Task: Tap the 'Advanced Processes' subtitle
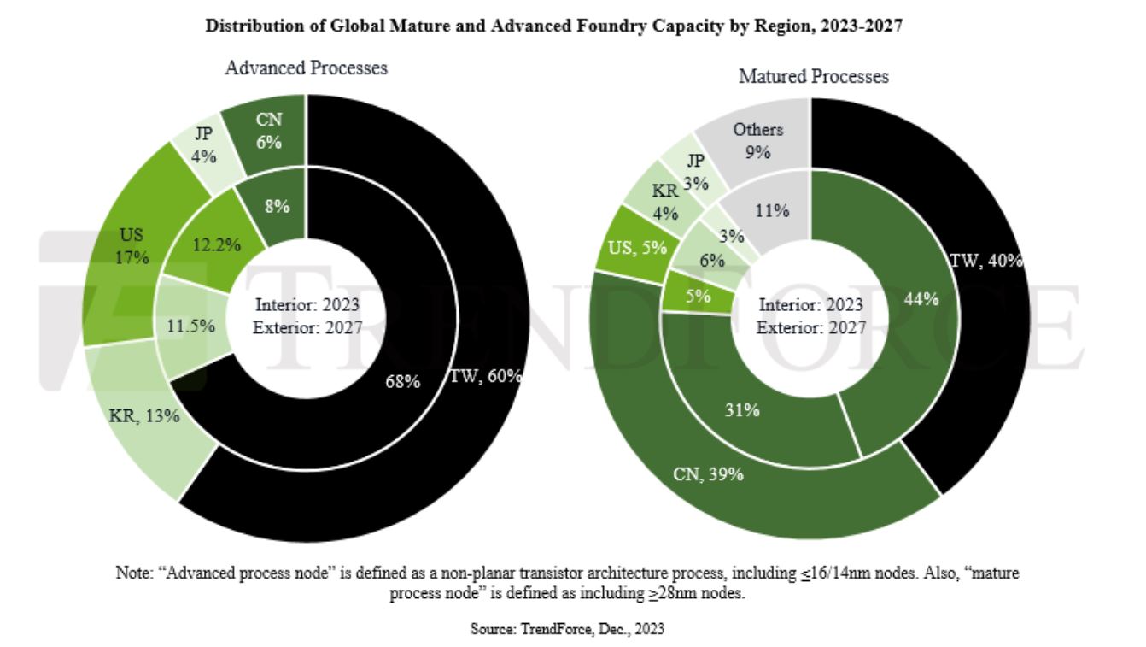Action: pyautogui.click(x=306, y=68)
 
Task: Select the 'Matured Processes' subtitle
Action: pyautogui.click(x=813, y=77)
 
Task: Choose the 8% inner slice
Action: pyautogui.click(x=276, y=206)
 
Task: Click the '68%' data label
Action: pyautogui.click(x=402, y=381)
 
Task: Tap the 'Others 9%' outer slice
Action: pyautogui.click(x=757, y=139)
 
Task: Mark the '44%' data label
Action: pyautogui.click(x=921, y=298)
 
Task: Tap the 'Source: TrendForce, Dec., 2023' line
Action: pyautogui.click(x=567, y=629)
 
